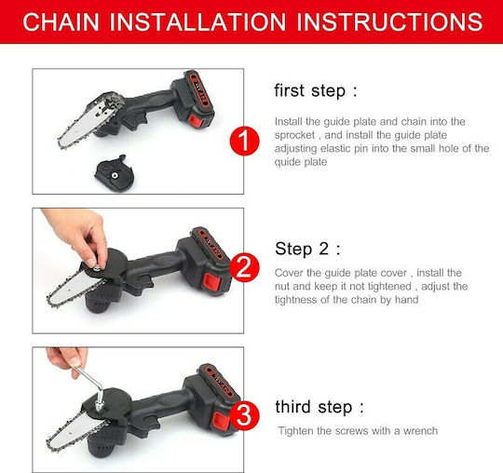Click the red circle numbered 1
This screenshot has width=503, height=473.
(x=244, y=141)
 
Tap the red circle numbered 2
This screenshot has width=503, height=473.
(x=244, y=267)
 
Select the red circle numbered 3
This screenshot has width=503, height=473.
(x=244, y=416)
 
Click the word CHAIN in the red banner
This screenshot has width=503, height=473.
(x=61, y=21)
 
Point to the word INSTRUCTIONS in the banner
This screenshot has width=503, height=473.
(x=389, y=21)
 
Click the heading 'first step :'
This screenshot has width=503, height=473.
(x=316, y=90)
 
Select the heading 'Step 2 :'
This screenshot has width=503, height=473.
(x=307, y=249)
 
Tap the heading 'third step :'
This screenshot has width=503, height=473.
(x=319, y=407)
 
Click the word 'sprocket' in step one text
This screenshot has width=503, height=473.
(x=294, y=135)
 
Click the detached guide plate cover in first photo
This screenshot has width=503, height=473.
(x=115, y=173)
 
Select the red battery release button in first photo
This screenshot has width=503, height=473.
(x=195, y=120)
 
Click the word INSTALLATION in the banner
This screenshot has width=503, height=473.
(x=197, y=21)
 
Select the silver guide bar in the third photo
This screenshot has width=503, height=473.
(x=77, y=429)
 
